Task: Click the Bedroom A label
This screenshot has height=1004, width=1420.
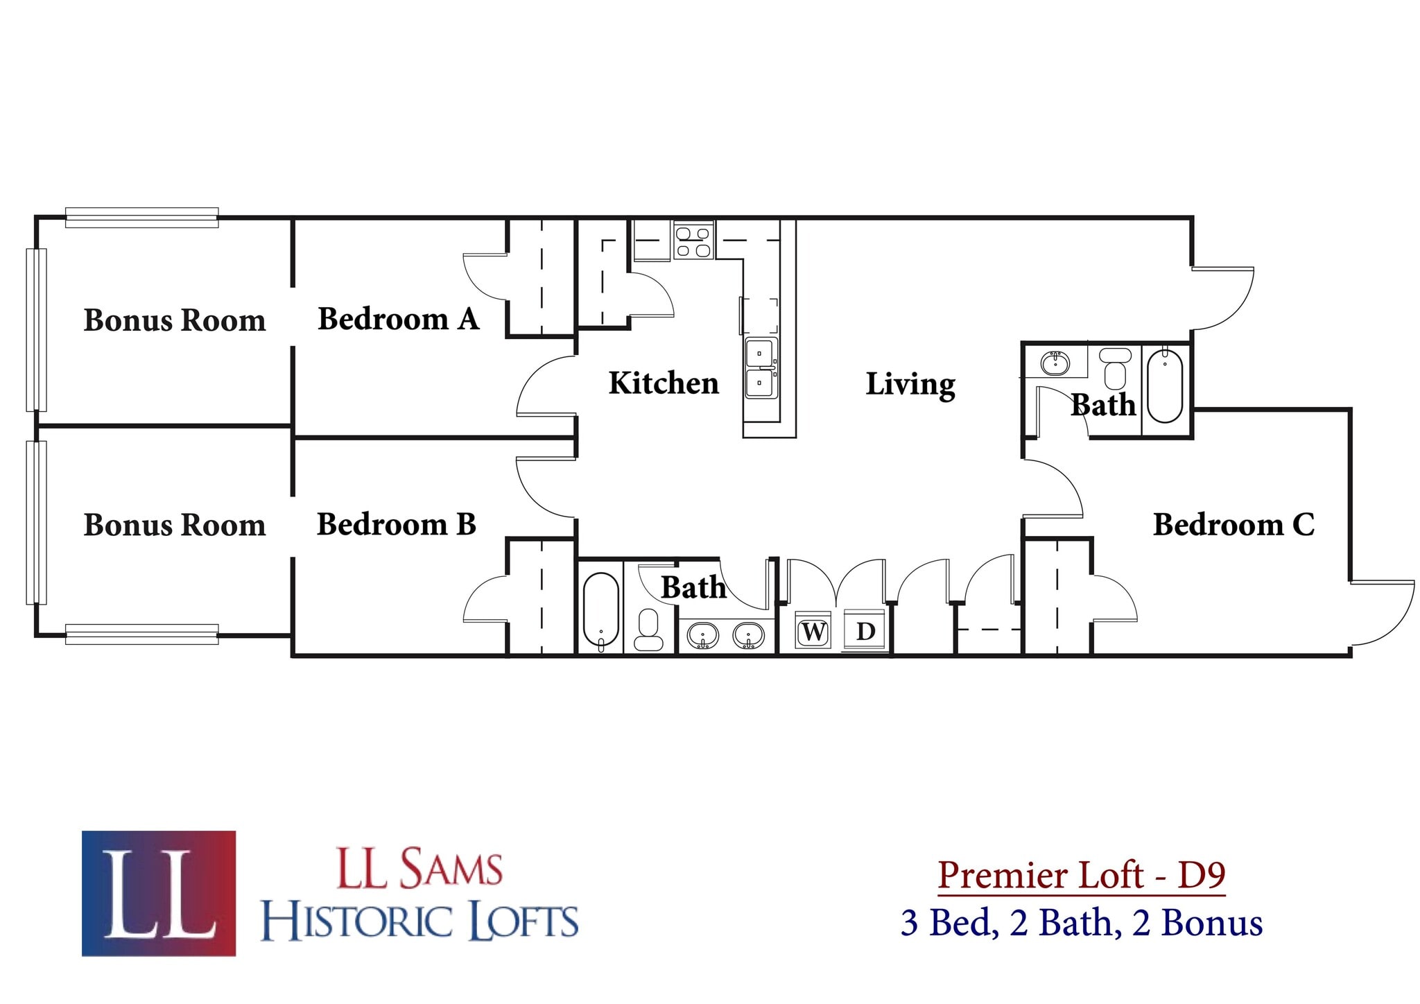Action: [398, 319]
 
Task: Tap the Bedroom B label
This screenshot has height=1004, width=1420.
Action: [396, 524]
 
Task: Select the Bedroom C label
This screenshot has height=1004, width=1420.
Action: [1233, 524]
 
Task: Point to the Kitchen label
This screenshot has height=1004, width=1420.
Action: [664, 383]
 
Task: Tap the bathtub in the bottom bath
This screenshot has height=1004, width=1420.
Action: [600, 610]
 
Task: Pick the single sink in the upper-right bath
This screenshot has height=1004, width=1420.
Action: [1055, 363]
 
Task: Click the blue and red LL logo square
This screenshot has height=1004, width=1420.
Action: [159, 893]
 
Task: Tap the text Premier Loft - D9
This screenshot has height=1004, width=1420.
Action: [1082, 875]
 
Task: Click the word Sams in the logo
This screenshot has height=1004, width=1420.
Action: [451, 869]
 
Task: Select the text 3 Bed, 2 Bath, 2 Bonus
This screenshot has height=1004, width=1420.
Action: [1082, 923]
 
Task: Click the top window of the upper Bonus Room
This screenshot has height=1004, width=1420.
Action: [142, 218]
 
